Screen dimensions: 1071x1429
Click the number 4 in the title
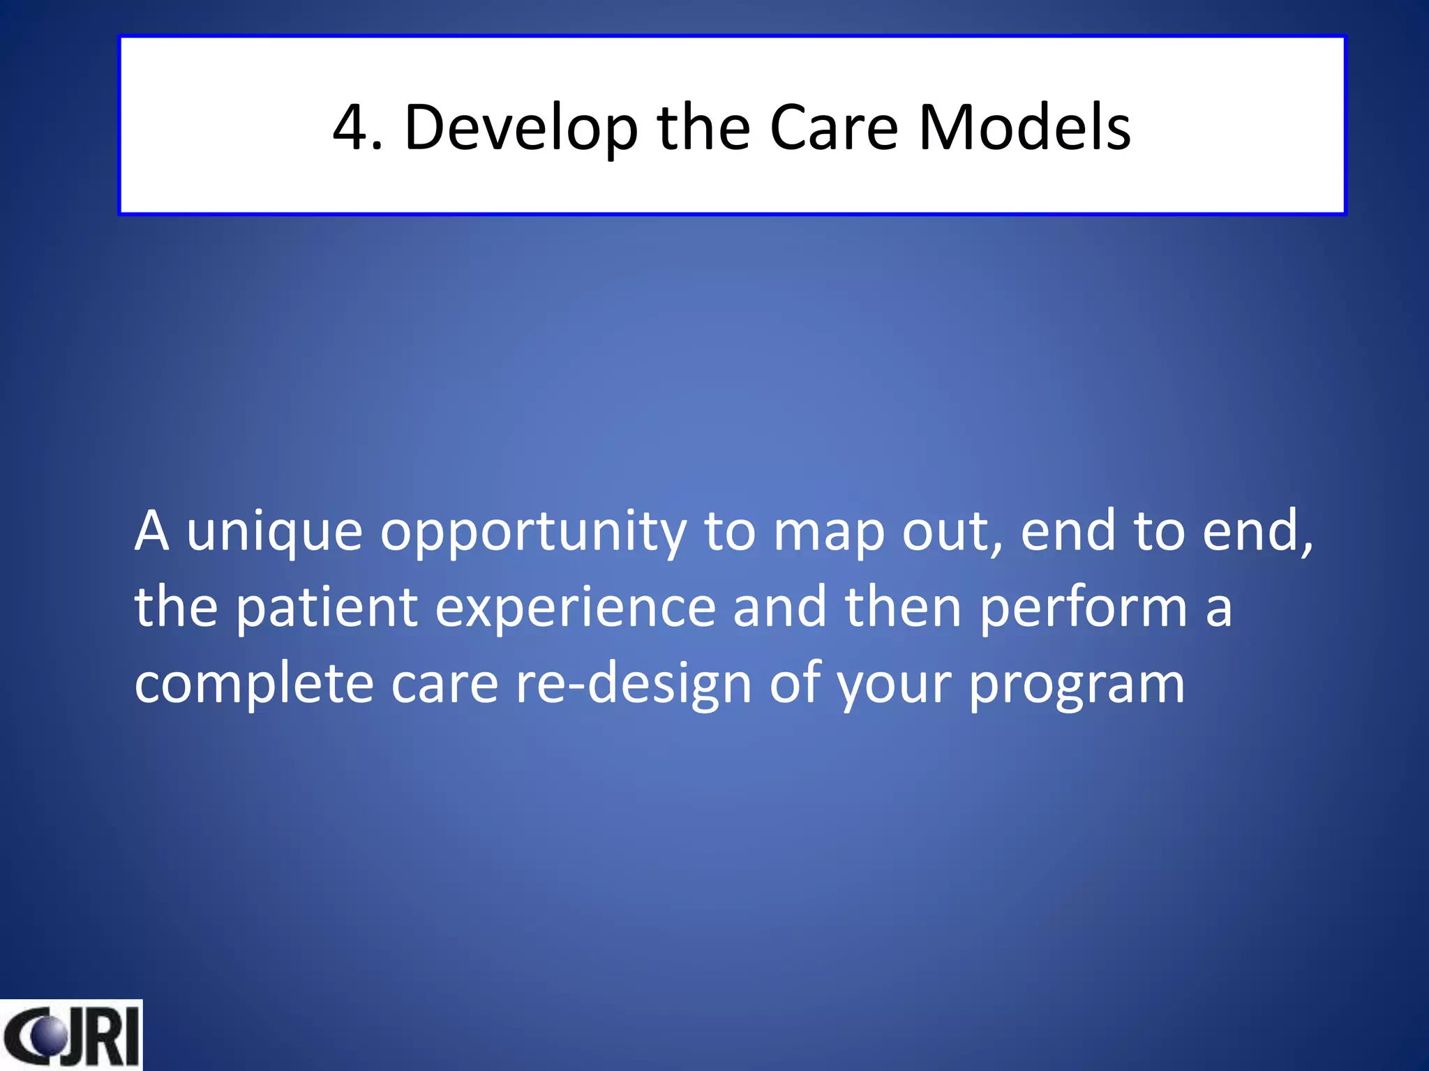click(348, 128)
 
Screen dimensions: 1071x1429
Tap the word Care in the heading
click(833, 128)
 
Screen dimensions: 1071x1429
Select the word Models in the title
click(1024, 128)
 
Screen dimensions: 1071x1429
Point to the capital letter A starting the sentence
click(152, 532)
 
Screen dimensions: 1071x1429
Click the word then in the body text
click(903, 607)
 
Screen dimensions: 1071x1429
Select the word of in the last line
click(795, 683)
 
